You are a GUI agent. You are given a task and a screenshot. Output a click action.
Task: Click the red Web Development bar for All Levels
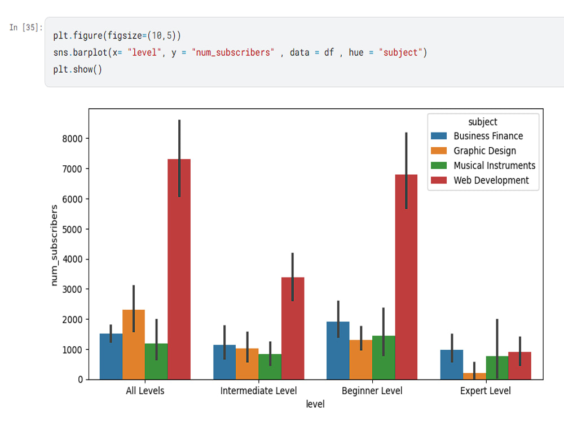coord(179,271)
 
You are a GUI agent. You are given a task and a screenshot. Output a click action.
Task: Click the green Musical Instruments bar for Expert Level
coord(497,368)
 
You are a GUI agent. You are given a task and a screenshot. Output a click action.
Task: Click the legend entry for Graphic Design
coord(484,151)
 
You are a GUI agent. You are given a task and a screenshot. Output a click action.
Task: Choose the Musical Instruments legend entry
coord(494,165)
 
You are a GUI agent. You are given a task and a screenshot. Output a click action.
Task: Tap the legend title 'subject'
coord(483,122)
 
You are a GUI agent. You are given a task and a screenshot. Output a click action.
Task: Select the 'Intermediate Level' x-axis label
coord(258,391)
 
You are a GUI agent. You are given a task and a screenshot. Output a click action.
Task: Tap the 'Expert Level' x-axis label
coord(486,391)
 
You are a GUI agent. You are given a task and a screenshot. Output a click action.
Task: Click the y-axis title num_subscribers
coord(55,245)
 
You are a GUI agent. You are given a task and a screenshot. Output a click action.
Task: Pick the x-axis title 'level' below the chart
coord(315,404)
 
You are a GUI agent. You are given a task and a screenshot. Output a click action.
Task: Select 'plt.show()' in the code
coord(78,69)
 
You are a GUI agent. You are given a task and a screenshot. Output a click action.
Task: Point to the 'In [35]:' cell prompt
coord(25,28)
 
